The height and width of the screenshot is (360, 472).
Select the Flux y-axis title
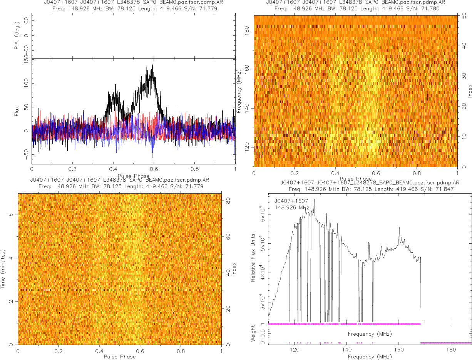17,112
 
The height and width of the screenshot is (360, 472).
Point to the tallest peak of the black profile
153,65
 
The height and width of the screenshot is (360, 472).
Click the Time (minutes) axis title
3,269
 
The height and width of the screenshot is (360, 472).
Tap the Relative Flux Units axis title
253,257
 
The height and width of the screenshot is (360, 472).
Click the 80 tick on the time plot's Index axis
228,200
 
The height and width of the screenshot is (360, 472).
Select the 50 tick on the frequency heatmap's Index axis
465,16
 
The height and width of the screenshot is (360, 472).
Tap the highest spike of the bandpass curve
314,199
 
